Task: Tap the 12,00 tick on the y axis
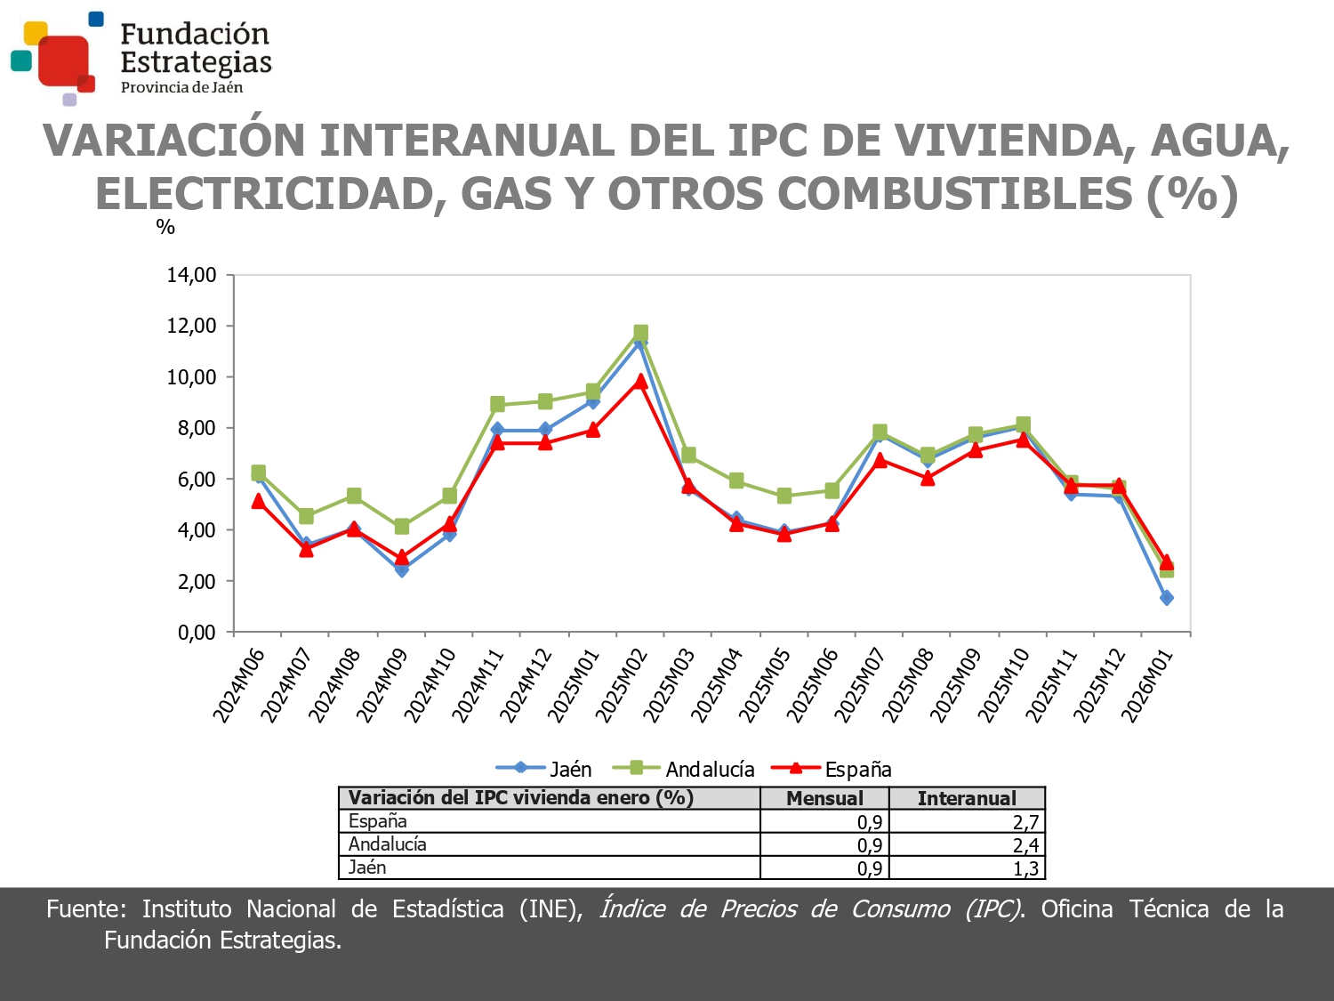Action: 191,326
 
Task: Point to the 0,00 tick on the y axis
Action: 197,633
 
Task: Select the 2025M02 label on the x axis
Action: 621,685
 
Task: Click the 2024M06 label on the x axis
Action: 238,685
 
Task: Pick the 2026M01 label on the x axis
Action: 1147,685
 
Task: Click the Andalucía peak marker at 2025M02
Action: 640,333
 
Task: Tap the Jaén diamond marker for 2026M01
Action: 1166,598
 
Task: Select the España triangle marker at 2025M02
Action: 640,381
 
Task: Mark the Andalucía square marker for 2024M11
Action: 497,404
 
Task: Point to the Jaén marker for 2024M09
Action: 401,569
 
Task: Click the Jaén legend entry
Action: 543,769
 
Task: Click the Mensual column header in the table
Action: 824,798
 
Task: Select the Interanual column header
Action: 967,798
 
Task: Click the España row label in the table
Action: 378,821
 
